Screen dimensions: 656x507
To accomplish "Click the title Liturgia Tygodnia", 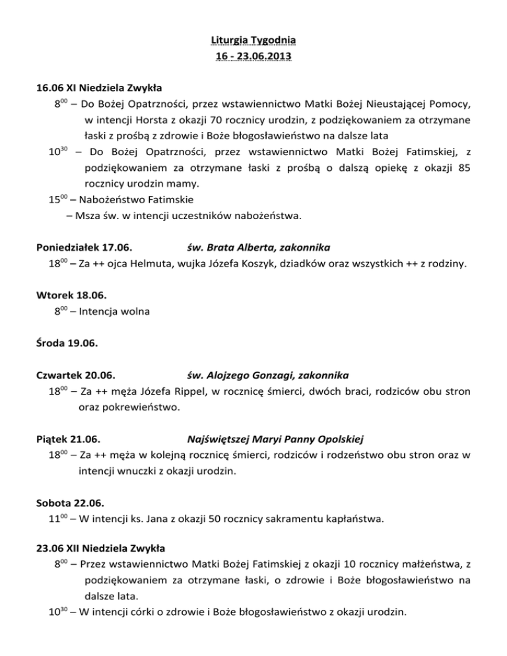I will coord(253,42).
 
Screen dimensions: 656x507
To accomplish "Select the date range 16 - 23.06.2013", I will coord(253,56).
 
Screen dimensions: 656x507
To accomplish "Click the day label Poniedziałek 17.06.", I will coord(83,247).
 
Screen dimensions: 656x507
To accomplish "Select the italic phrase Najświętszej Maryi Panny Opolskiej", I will coord(276,439).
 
